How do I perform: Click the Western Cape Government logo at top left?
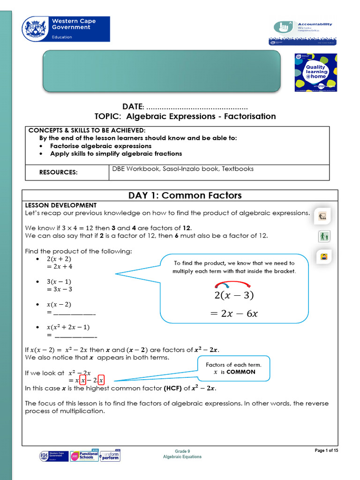coord(66,29)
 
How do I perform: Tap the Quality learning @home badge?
coord(316,72)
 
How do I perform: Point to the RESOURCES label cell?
coord(59,172)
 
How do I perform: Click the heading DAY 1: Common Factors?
coord(185,195)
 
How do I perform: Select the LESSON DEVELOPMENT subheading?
coord(60,205)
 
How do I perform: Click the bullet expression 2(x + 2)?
coord(59,259)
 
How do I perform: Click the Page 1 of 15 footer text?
coord(326,450)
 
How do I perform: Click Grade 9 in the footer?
coord(182,451)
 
